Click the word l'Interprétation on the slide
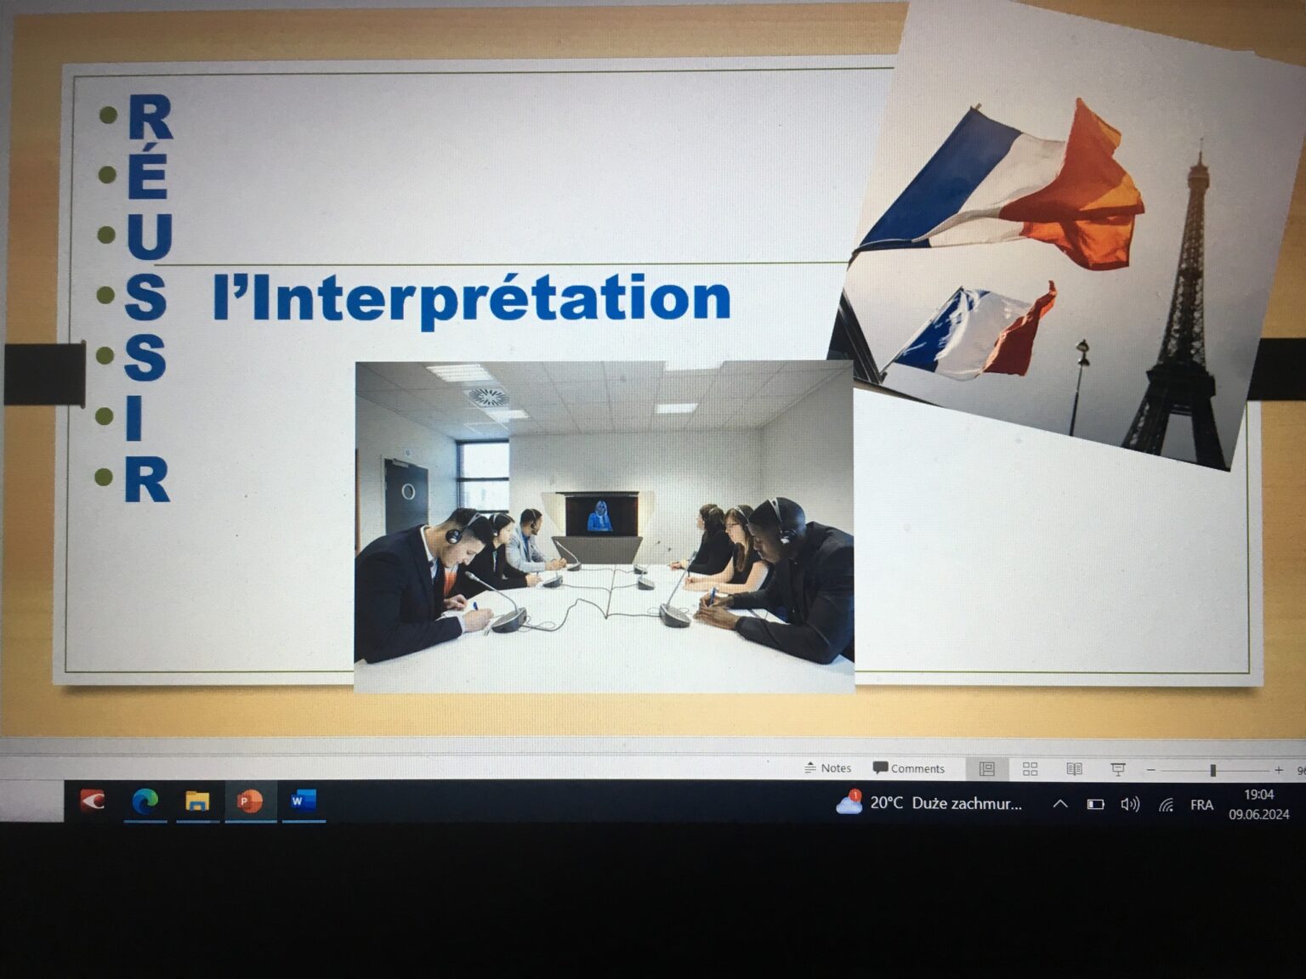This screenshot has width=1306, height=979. [x=471, y=299]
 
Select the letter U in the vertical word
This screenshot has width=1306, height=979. [x=150, y=236]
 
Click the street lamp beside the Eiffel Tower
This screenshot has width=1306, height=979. [x=1079, y=387]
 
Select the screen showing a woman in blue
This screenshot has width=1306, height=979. [x=601, y=515]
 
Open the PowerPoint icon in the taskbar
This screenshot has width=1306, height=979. [x=250, y=801]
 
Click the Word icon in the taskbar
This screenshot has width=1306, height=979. [x=304, y=800]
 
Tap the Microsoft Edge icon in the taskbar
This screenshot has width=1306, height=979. [x=145, y=801]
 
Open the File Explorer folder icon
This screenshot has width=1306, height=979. [x=197, y=801]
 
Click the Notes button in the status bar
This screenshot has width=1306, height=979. [x=827, y=768]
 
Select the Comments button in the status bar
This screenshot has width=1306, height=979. [x=909, y=768]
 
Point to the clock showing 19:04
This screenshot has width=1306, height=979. [x=1259, y=794]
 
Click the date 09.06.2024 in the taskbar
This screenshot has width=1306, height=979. [x=1259, y=814]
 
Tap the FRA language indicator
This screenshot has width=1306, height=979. [x=1201, y=805]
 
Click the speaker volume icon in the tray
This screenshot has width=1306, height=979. [x=1130, y=805]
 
